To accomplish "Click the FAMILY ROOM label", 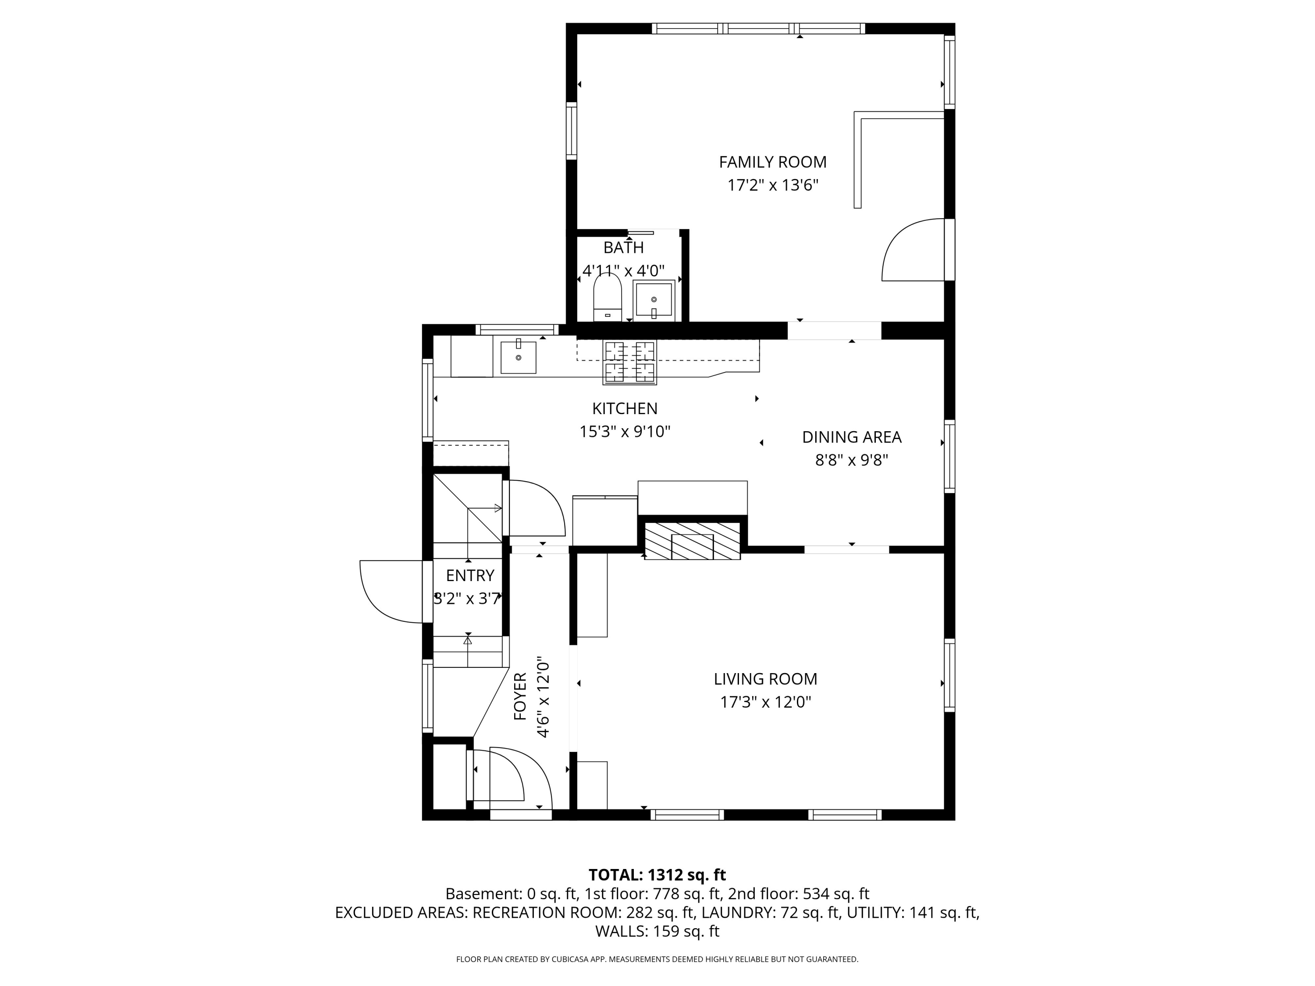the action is (772, 162).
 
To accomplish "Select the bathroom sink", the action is (654, 300).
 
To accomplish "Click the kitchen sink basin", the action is (519, 357).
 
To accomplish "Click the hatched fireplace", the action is (692, 541).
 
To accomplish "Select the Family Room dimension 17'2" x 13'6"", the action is (773, 185).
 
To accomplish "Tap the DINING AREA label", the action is (851, 437).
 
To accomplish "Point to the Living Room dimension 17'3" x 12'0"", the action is (766, 702).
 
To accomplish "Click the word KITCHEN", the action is (625, 408).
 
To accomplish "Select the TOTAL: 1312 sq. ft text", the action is (657, 875).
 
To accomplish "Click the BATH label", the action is (624, 247).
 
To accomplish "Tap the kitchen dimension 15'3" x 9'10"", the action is (625, 432).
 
